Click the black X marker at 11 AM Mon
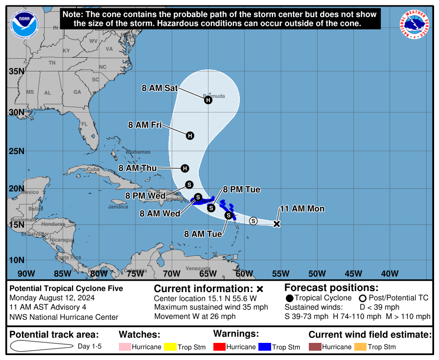[x=277, y=224]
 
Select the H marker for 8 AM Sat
[x=208, y=100]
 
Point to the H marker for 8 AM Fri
[x=190, y=135]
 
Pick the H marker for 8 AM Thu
[x=185, y=168]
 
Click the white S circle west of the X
[x=253, y=221]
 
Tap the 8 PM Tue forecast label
[x=242, y=190]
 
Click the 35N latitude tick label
[x=17, y=71]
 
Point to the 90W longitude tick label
[x=26, y=273]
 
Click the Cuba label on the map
[x=93, y=170]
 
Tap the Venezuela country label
[x=198, y=269]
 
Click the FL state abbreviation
[x=84, y=124]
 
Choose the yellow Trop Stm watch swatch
[x=171, y=347]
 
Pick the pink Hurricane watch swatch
[x=124, y=347]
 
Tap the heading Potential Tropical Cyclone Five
[x=67, y=289]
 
